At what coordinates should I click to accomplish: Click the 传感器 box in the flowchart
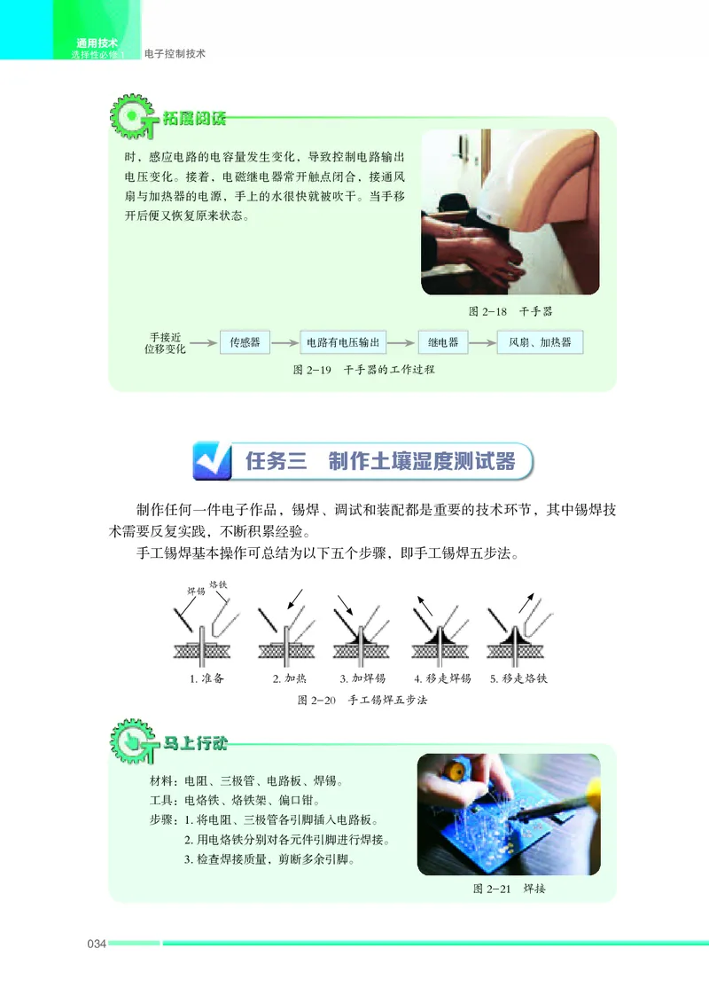point(245,342)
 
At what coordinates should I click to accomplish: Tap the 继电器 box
point(443,342)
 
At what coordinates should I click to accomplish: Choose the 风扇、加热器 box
point(540,342)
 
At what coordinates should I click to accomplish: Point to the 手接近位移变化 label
point(165,343)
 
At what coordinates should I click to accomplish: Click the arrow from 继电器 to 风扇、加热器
point(483,342)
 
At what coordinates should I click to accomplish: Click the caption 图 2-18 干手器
point(510,311)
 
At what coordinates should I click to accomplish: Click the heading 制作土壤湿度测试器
point(421,462)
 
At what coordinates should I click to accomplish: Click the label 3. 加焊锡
point(362,679)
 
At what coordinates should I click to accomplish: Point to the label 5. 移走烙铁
point(520,679)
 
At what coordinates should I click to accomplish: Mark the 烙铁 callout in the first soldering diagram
point(217,587)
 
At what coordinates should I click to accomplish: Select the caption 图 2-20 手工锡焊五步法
point(363,701)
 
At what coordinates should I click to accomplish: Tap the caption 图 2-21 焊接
point(509,889)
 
